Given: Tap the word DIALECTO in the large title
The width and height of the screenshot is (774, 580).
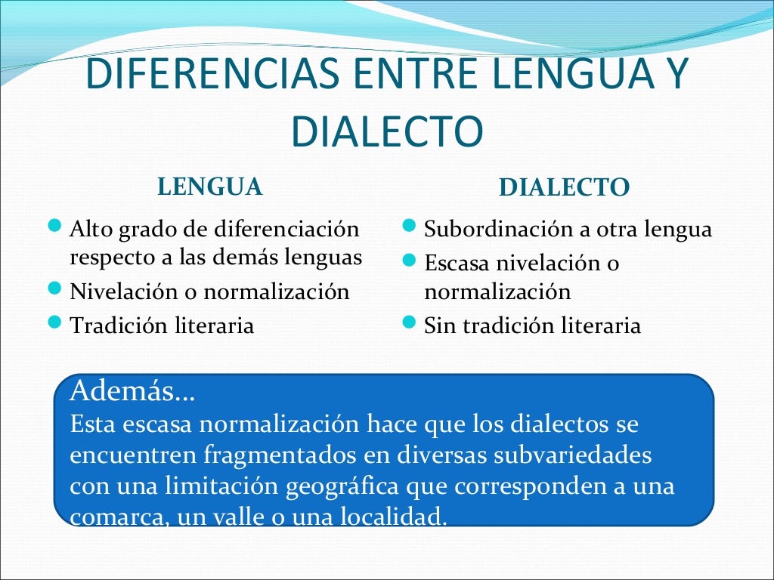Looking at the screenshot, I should (386, 132).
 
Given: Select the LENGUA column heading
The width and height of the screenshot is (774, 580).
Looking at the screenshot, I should (210, 186).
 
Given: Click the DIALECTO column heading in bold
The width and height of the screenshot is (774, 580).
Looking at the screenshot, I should (564, 187).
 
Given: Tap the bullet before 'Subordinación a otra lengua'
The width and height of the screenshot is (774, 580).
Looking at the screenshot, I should (409, 226).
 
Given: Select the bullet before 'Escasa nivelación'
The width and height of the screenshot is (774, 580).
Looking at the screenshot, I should (409, 261).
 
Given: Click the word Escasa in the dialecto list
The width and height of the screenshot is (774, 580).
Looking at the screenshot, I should (457, 264).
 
